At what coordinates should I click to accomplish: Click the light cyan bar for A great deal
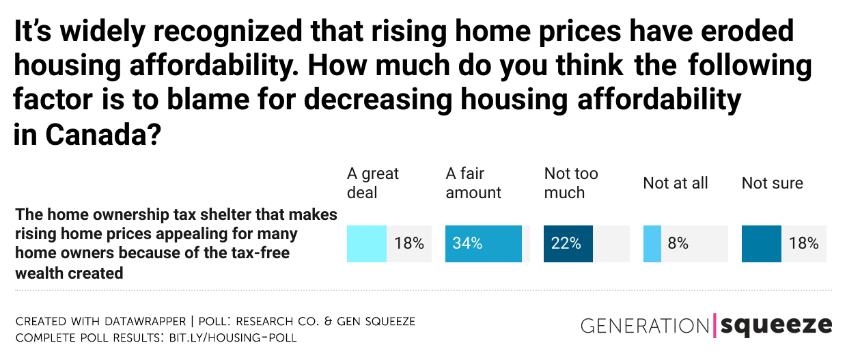coord(367,244)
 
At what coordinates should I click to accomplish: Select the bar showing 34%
coord(484,244)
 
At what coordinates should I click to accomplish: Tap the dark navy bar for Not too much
coord(568,244)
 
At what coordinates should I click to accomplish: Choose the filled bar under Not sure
coord(761,244)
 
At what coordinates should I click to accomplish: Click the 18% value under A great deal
coord(409,244)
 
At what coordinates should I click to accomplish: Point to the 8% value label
coord(678,244)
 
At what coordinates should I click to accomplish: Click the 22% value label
coord(566,244)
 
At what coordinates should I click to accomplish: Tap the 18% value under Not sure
coord(803,244)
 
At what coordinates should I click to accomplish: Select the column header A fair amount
coord(473,183)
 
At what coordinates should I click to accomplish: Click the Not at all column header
coord(675,183)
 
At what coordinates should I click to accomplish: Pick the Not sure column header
coord(772,183)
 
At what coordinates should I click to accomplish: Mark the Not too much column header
coord(571,183)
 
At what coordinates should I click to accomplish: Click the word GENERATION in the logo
coord(645,326)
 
